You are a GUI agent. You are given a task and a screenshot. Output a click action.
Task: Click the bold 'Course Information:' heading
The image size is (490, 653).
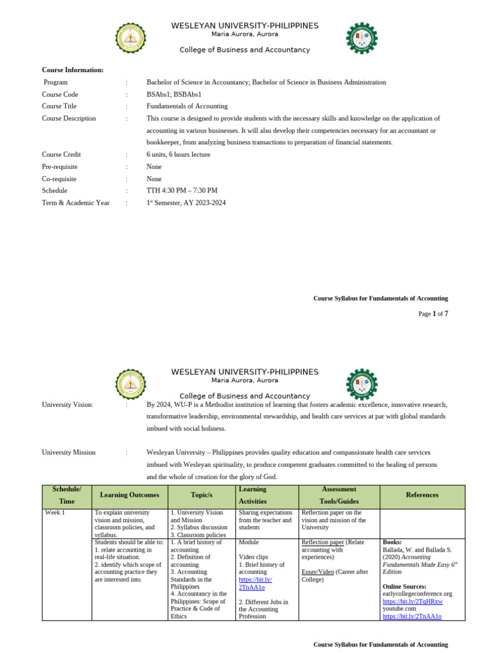click(73, 70)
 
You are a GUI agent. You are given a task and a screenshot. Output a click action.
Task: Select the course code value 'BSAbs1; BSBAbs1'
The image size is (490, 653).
click(174, 94)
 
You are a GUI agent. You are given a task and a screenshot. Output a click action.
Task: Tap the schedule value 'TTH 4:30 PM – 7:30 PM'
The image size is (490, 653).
click(182, 191)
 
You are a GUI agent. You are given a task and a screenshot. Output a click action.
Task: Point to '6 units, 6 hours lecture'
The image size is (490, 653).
click(178, 154)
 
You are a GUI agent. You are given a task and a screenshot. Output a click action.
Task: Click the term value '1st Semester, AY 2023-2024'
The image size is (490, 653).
click(186, 203)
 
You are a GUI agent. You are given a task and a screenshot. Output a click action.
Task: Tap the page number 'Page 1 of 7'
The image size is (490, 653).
click(433, 314)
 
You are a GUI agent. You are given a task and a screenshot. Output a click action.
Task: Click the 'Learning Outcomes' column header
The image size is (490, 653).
click(130, 495)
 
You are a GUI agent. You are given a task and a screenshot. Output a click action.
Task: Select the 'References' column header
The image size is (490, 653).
click(422, 495)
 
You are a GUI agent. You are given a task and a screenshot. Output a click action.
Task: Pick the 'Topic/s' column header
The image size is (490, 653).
click(201, 495)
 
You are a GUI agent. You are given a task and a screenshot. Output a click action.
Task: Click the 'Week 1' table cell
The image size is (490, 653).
click(55, 513)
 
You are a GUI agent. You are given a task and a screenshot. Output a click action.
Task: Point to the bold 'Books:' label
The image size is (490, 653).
click(392, 542)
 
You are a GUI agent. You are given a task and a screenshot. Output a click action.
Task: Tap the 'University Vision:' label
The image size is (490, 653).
click(68, 404)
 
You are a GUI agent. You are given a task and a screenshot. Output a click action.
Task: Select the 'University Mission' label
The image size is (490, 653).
click(69, 452)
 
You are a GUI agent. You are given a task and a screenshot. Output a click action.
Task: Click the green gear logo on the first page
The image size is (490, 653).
click(361, 38)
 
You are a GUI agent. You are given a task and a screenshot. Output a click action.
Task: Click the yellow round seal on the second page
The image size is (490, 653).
click(131, 384)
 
